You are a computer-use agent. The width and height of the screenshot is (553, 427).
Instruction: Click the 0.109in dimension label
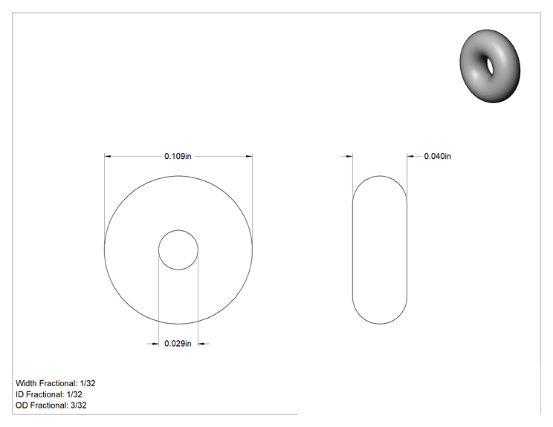[x=178, y=156]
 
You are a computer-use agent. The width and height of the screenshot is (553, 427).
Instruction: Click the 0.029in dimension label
[x=178, y=344]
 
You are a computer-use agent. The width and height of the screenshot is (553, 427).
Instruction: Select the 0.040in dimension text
[x=437, y=156]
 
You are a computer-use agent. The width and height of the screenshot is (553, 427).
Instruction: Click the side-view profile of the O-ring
[x=352, y=250]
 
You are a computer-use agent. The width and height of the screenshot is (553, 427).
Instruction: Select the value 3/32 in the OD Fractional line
[x=79, y=405]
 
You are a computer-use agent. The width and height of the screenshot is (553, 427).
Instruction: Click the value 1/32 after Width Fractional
[x=88, y=383]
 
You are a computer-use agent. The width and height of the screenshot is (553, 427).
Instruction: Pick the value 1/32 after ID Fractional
[x=74, y=394]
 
